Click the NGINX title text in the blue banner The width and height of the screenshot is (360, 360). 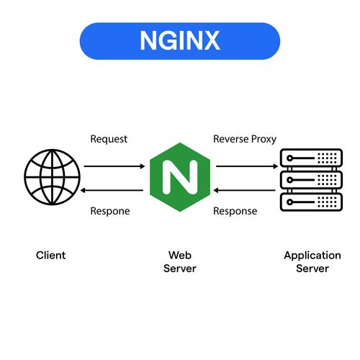(x=179, y=41)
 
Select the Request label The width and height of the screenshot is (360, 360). (x=109, y=138)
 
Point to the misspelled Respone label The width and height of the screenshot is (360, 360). (x=110, y=211)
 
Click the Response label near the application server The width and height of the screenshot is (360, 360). (x=235, y=211)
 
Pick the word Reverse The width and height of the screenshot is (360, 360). (x=230, y=138)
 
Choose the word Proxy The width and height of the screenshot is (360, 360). (x=263, y=138)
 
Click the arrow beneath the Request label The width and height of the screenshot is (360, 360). (x=114, y=166)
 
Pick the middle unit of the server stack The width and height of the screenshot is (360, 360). (x=310, y=178)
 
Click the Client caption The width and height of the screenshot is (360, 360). (x=50, y=256)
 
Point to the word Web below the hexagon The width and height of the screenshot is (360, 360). (x=179, y=256)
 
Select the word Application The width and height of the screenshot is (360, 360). (x=312, y=256)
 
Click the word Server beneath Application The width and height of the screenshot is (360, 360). (x=312, y=269)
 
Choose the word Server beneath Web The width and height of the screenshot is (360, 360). (x=179, y=269)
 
